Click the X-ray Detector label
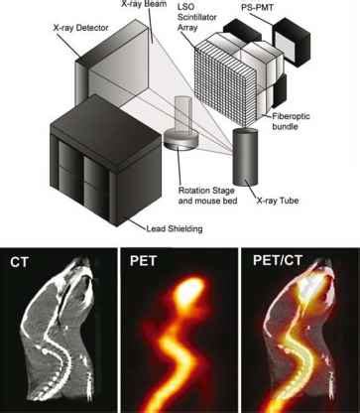point(80,28)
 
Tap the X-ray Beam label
point(144,4)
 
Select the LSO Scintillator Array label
point(197,17)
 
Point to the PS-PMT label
point(258,7)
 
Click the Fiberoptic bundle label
point(291,121)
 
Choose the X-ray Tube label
point(278,201)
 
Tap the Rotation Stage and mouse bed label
point(207,196)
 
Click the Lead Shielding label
point(175,228)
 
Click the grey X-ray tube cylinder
point(245,156)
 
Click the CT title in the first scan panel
point(19,262)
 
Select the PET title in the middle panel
point(143,261)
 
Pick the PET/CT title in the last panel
point(278,260)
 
